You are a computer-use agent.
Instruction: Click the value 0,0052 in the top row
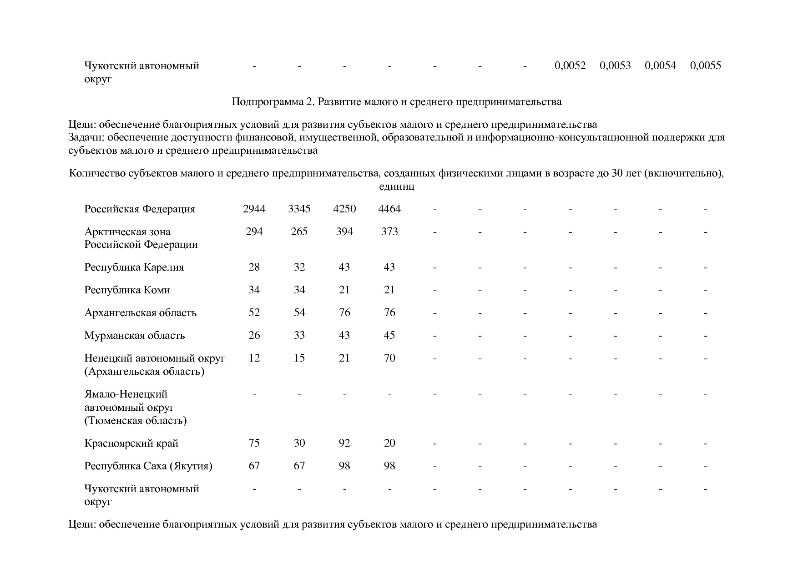coord(570,65)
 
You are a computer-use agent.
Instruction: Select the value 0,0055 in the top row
coord(705,65)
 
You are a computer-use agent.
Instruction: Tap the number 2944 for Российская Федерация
coord(254,209)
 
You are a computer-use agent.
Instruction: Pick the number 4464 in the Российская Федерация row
coord(389,209)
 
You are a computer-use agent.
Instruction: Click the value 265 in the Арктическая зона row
coord(299,232)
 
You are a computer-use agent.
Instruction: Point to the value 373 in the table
coord(389,232)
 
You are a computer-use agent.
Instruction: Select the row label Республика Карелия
coord(134,267)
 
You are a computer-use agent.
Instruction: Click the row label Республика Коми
coord(127,290)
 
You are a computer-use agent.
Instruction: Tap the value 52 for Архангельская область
coord(254,312)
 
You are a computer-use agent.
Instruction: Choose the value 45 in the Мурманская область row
coord(389,335)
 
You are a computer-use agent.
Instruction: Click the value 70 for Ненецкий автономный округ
coord(389,358)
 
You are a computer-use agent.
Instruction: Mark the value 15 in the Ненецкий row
coord(299,358)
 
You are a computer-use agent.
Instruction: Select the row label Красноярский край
coord(131,443)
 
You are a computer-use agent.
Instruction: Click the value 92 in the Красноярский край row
coord(344,443)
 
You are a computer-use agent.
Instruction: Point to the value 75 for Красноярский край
coord(254,443)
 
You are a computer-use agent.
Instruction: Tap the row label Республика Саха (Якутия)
coord(148,466)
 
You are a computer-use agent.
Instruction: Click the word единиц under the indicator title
coord(396,186)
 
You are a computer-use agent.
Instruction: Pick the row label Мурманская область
coord(134,335)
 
